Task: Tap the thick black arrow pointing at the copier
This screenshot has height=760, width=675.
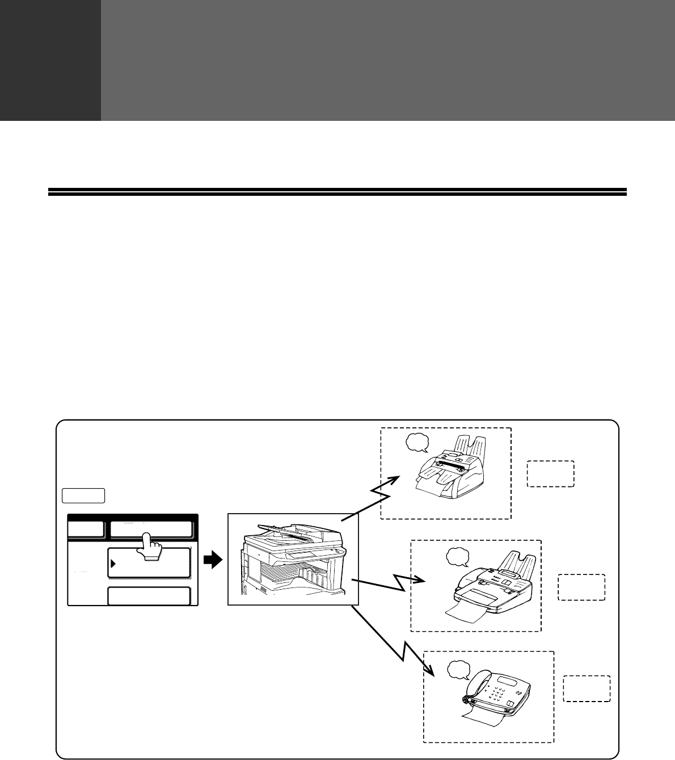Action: [212, 561]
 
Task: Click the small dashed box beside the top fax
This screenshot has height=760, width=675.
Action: [551, 474]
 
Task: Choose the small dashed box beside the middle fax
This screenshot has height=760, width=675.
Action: [581, 587]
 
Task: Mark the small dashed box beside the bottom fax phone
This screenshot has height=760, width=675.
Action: [587, 688]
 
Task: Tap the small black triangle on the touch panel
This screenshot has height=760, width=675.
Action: [113, 564]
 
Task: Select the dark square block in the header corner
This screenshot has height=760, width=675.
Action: [50, 60]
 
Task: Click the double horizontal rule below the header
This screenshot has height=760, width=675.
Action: [337, 192]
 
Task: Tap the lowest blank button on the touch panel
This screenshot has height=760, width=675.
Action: [149, 596]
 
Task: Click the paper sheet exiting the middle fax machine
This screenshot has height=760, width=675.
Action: [466, 614]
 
